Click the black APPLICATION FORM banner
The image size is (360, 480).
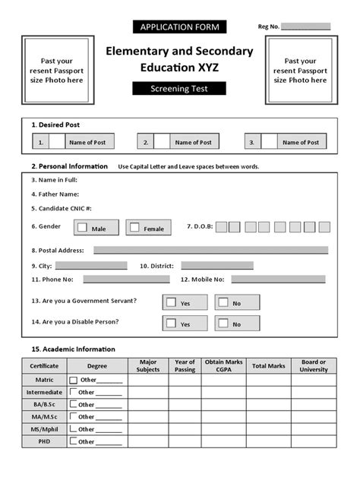pyautogui.click(x=180, y=27)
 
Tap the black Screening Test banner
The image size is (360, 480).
pyautogui.click(x=180, y=88)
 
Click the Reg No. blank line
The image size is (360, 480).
pyautogui.click(x=306, y=27)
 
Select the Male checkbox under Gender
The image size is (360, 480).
pyautogui.click(x=82, y=227)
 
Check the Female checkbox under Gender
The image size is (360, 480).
pyautogui.click(x=134, y=227)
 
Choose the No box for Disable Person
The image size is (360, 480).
pyautogui.click(x=222, y=324)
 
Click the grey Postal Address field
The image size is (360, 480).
pyautogui.click(x=210, y=249)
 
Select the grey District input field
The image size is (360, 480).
pyautogui.click(x=216, y=265)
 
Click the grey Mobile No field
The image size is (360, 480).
pyautogui.click(x=279, y=279)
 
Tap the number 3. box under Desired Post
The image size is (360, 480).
pyautogui.click(x=251, y=142)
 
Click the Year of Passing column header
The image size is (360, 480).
pyautogui.click(x=185, y=365)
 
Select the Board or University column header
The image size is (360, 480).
pyautogui.click(x=314, y=365)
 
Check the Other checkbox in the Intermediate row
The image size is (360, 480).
pyautogui.click(x=73, y=392)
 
